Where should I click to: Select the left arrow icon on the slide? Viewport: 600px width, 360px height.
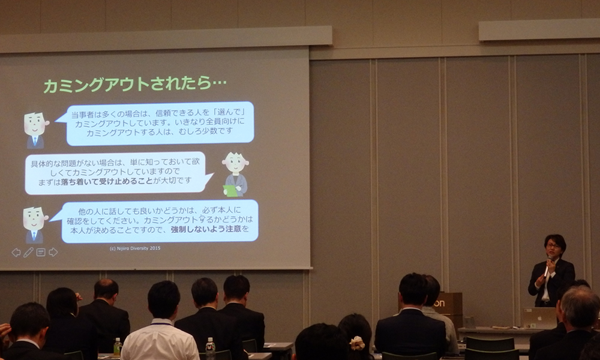[16, 252]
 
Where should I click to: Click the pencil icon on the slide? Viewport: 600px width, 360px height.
[28, 252]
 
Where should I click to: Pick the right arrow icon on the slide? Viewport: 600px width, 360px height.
[53, 252]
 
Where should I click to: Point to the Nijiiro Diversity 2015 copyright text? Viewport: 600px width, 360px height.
[135, 248]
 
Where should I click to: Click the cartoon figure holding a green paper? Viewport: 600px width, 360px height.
[235, 174]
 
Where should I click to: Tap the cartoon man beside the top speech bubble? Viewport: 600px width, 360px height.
[35, 130]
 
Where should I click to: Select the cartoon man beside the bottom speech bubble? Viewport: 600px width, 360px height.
[34, 224]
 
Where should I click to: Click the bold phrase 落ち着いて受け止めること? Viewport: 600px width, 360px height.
[107, 181]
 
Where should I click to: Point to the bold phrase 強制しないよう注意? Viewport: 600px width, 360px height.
[206, 229]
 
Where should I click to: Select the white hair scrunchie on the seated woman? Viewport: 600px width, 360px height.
[358, 343]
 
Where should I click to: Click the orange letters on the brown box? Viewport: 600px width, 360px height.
[439, 304]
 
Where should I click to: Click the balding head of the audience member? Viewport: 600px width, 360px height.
[106, 289]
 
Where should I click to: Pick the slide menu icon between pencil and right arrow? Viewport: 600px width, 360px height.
[41, 252]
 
